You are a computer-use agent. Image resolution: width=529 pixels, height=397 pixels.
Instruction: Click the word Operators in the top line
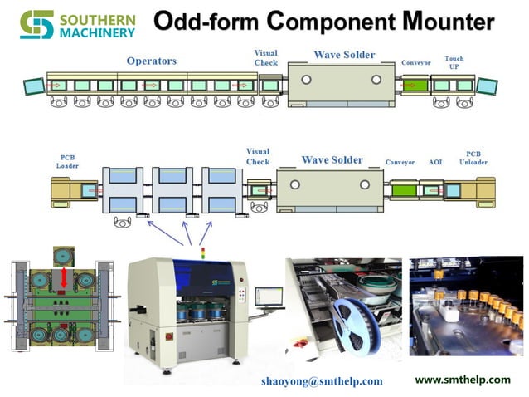tap(152, 61)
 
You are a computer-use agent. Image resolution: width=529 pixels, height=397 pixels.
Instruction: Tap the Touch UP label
tap(454, 62)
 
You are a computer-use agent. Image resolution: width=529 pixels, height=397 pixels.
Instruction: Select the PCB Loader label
tap(67, 160)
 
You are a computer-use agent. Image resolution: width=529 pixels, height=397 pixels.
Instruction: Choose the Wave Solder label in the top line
tap(344, 55)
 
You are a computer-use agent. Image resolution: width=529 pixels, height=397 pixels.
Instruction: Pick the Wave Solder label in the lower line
tap(332, 159)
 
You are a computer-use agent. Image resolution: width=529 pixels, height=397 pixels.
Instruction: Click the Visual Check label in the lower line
tap(258, 156)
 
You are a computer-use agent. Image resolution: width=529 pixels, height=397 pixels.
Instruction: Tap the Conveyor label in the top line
tap(415, 62)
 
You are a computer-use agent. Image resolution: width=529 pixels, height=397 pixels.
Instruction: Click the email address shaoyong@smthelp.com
tap(322, 380)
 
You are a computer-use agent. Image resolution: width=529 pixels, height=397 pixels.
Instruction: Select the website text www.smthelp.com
tap(463, 379)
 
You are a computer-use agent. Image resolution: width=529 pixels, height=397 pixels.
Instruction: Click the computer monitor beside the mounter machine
tap(268, 297)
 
